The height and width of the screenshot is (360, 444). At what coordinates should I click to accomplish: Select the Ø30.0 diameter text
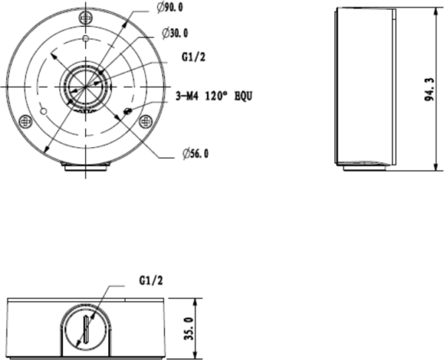175,33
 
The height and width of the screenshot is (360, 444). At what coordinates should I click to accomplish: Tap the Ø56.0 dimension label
196,153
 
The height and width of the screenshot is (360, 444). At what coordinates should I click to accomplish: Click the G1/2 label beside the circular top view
193,56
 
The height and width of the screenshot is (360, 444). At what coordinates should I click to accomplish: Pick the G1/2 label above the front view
150,281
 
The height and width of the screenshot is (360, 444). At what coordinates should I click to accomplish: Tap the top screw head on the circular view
86,16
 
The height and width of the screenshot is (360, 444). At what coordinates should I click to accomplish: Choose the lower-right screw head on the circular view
146,120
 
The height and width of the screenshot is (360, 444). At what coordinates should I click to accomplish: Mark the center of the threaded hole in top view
86,85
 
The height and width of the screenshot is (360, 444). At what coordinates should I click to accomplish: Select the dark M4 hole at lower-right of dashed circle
129,111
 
